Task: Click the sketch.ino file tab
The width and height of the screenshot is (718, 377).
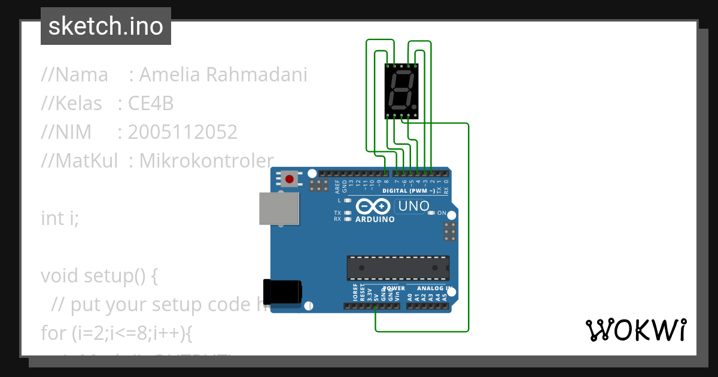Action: coord(106,26)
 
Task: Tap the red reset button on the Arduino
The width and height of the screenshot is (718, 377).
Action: coord(291,179)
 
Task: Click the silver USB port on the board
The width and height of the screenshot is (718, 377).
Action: coord(279,208)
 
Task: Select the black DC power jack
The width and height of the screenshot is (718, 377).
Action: coord(283,291)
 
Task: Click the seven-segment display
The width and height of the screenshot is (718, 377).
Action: coord(401,92)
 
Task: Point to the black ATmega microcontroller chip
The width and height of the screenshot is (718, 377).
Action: coord(398,268)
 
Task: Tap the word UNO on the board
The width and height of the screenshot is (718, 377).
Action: coord(412,206)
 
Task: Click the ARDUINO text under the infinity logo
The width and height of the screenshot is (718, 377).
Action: coord(375,220)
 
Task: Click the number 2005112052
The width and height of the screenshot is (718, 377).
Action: coord(182,132)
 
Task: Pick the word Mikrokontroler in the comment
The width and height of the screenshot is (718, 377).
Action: coord(206,160)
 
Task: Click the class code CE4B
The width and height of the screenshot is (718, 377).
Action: coord(151,104)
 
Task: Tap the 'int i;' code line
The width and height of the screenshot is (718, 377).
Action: coord(60,218)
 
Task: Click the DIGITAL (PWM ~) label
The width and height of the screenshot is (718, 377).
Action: coord(413,191)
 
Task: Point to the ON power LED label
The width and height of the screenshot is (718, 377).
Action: coord(442,213)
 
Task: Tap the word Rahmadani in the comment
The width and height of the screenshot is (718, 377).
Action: coord(257,75)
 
